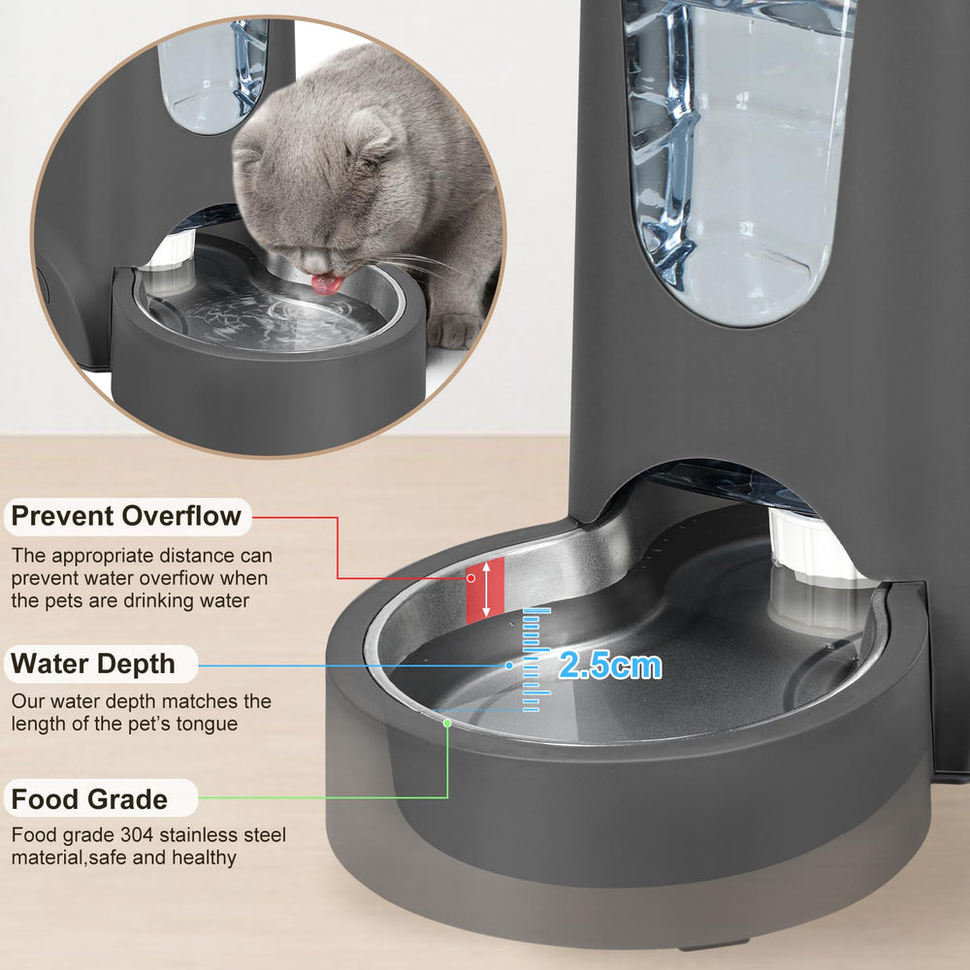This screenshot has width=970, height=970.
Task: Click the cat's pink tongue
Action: pos(326,284)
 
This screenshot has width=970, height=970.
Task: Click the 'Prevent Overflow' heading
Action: pos(126,516)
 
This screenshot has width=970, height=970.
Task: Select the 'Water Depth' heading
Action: pos(93,664)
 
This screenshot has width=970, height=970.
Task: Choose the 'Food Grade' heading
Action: pos(89,800)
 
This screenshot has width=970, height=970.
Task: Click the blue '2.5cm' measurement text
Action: pos(610,665)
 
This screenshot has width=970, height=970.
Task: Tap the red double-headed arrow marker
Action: pos(485,590)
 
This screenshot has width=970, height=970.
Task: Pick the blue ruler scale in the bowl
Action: pos(535,660)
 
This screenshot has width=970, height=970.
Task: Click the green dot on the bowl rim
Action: pos(447,722)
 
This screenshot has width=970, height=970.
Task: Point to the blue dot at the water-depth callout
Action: pos(509,665)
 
